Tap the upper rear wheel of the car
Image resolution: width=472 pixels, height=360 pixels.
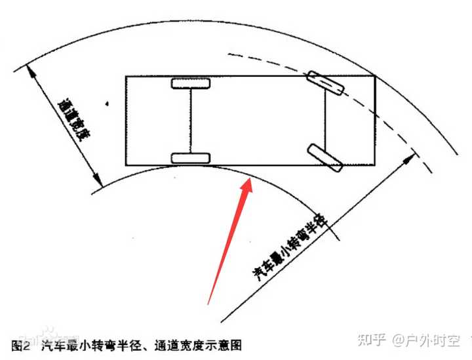pos(191,83)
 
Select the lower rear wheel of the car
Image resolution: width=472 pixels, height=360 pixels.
pos(191,158)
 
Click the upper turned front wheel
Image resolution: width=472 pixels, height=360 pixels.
pos(326,81)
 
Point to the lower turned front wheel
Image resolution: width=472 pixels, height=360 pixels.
pos(326,157)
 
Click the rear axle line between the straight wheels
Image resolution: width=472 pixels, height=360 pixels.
pos(191,121)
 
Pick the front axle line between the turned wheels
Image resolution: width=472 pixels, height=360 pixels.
pos(326,119)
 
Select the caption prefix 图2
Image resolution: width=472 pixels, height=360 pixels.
pos(21,344)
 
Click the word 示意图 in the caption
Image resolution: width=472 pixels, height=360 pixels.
pos(225,344)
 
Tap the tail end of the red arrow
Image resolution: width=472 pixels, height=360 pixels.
pos(208,304)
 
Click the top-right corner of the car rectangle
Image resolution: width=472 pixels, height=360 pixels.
pos(375,76)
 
